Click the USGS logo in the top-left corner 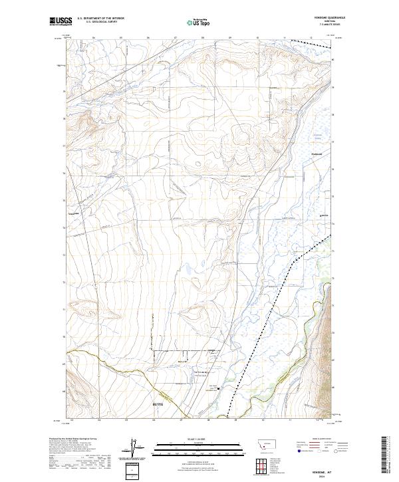click(62, 21)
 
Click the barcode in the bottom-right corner click(387, 457)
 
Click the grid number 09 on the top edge click(229, 38)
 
